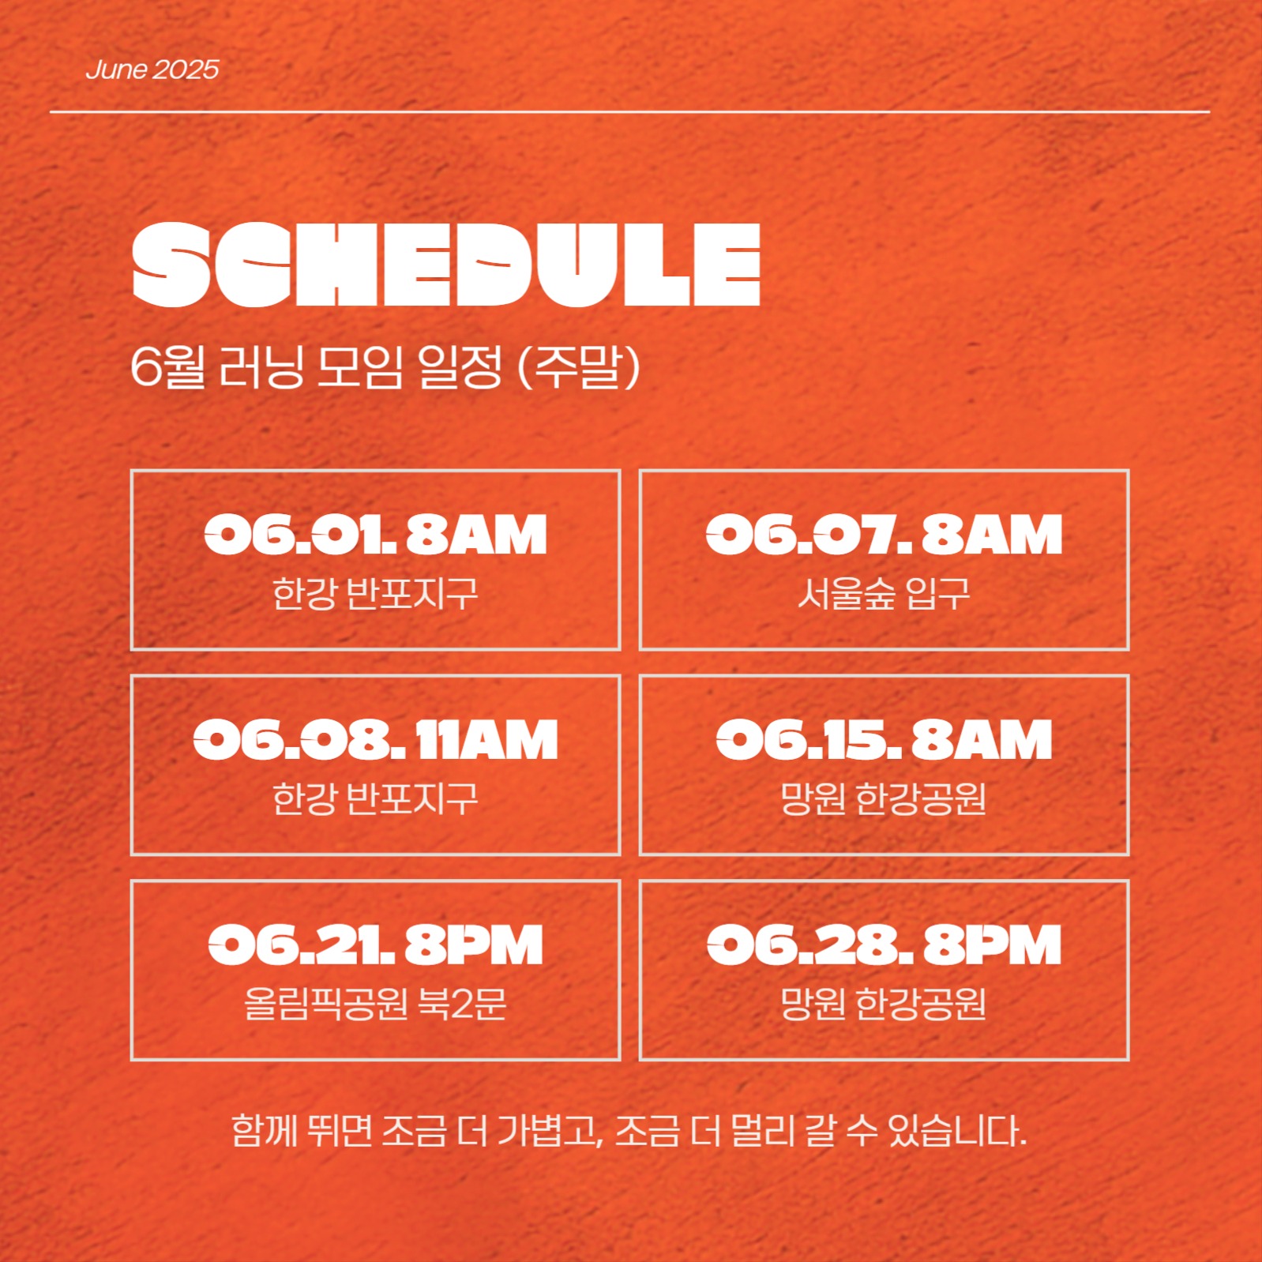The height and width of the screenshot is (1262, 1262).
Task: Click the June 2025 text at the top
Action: (x=152, y=69)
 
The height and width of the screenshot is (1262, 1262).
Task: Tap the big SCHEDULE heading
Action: (x=446, y=264)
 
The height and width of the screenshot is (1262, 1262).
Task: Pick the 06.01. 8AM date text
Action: (x=375, y=535)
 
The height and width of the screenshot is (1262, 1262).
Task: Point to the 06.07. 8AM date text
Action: (x=884, y=535)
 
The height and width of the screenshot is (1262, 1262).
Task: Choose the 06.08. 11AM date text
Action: (x=375, y=740)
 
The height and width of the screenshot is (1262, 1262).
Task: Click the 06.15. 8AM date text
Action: (x=884, y=740)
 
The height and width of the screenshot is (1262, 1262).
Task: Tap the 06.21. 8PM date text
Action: (x=375, y=945)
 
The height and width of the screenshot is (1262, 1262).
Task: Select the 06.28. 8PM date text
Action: (x=884, y=945)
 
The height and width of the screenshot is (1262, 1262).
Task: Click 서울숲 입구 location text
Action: (x=884, y=593)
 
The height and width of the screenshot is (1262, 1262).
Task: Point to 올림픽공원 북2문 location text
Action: (x=375, y=1004)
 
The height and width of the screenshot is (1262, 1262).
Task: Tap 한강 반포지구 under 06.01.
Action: (x=375, y=593)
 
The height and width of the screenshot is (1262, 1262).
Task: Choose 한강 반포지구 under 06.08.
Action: (x=375, y=798)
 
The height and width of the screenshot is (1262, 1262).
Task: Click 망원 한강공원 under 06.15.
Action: (x=884, y=798)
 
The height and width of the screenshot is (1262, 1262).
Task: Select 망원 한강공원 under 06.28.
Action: (x=884, y=1004)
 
